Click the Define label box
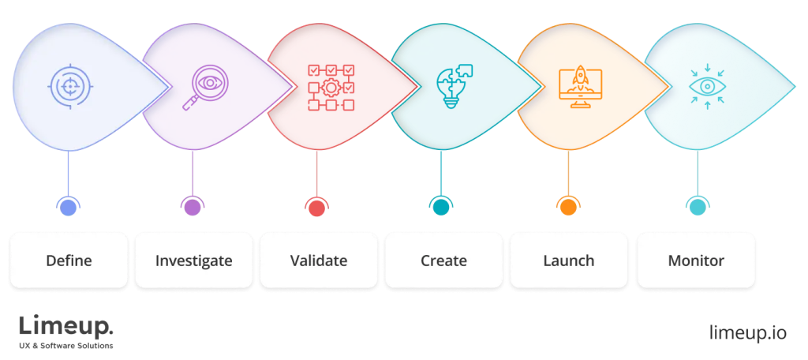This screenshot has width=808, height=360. tap(69, 260)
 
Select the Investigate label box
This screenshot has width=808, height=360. tap(193, 260)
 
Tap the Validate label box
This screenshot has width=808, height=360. tap(318, 260)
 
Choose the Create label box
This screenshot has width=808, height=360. tap(443, 260)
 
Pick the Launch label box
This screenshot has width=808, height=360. tap(568, 260)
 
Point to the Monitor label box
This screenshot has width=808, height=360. tap(695, 260)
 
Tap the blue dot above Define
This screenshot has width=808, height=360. tap(69, 208)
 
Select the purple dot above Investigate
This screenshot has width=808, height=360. tap(192, 208)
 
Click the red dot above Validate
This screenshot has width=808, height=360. tap(316, 208)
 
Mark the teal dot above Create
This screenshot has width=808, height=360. tap(440, 208)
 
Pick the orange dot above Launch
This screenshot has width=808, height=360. tap(567, 208)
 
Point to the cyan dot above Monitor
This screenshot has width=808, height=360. tap(697, 208)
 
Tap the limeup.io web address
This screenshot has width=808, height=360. tap(747, 332)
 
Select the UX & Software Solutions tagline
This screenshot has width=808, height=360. tap(65, 346)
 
